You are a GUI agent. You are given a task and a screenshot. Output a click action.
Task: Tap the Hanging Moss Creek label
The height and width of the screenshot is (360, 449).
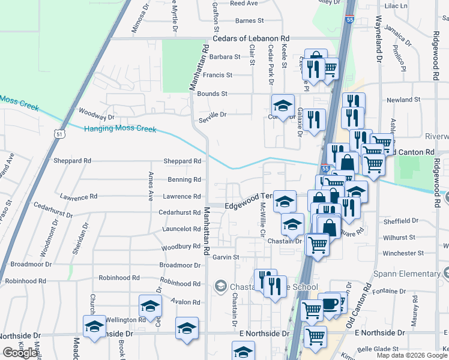coord(120,129)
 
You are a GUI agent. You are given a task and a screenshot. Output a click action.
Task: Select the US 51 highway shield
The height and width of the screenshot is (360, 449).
coord(59,134)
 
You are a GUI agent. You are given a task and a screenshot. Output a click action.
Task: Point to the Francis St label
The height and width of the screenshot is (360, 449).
coord(217,75)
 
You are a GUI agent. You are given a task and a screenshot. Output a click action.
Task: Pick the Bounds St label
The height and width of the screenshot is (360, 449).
coord(212,94)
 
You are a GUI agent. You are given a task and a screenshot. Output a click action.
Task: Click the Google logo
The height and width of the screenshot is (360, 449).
coord(20,353)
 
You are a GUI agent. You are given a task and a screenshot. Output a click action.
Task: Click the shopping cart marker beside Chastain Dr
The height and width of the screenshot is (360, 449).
coord(317,244)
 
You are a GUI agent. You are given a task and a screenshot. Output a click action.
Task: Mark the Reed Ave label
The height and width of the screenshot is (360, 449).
coord(244,3)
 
